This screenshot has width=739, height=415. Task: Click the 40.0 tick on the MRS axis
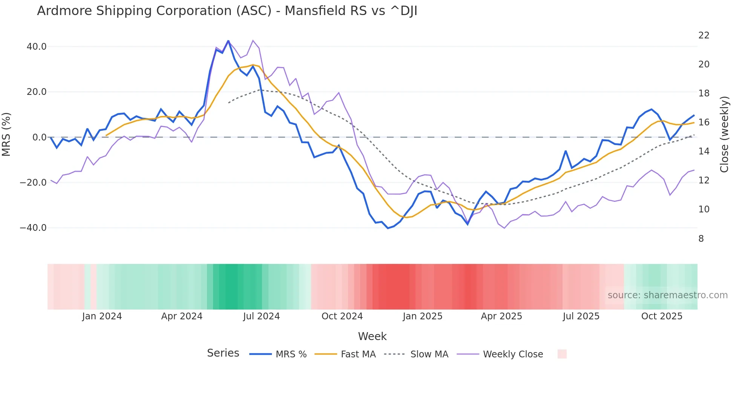36,47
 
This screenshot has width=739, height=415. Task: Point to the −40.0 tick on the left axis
33,228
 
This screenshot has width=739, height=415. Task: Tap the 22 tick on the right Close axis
704,35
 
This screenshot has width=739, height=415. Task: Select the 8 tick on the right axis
701,238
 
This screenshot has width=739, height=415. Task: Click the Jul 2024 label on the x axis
261,316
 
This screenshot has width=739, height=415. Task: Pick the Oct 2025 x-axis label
662,316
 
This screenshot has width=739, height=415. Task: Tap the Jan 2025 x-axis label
422,316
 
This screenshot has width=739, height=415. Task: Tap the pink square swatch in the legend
562,354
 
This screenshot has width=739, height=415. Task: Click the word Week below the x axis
372,336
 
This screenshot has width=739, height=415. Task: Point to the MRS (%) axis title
6,134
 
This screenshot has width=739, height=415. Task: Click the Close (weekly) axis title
724,134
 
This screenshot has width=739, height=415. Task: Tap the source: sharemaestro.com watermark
667,295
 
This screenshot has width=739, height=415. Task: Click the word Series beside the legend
223,353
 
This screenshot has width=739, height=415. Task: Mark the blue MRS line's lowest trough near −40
388,228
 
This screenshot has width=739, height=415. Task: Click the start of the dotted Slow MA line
228,103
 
